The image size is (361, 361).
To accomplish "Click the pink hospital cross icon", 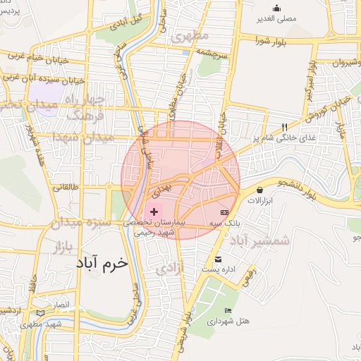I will [154, 211].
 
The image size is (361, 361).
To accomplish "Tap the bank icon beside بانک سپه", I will [224, 212].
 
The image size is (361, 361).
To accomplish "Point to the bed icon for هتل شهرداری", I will [226, 311].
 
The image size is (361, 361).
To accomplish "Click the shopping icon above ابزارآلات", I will [261, 190].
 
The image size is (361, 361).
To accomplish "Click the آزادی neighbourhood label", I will [169, 269].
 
